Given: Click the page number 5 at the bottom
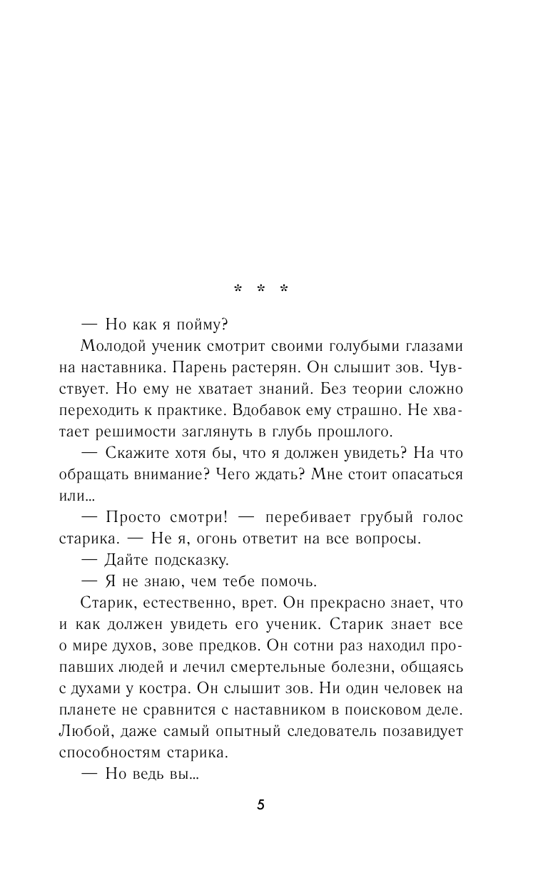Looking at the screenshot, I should [260, 805].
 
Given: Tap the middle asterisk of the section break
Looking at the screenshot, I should [260, 290].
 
